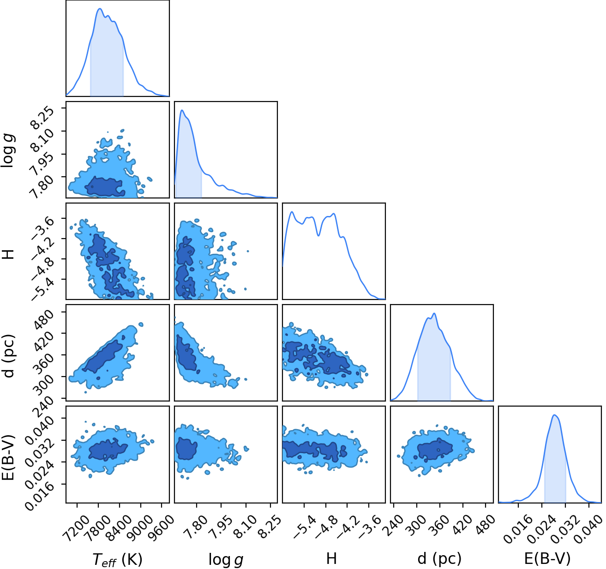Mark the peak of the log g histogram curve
(182, 110)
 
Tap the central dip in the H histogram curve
(318, 235)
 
